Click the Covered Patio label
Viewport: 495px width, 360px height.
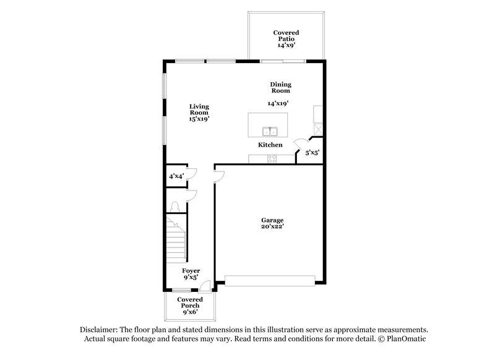(286, 39)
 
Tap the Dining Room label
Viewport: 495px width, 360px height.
(280, 87)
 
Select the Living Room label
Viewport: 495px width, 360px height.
(199, 112)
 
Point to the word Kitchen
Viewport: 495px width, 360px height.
(270, 145)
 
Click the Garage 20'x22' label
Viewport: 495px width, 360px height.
(272, 223)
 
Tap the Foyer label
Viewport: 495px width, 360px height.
(191, 274)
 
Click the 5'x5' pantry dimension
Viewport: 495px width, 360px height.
(312, 152)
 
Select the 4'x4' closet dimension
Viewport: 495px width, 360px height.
(176, 176)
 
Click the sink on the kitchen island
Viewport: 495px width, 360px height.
(270, 131)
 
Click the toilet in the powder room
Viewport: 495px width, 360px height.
(175, 207)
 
